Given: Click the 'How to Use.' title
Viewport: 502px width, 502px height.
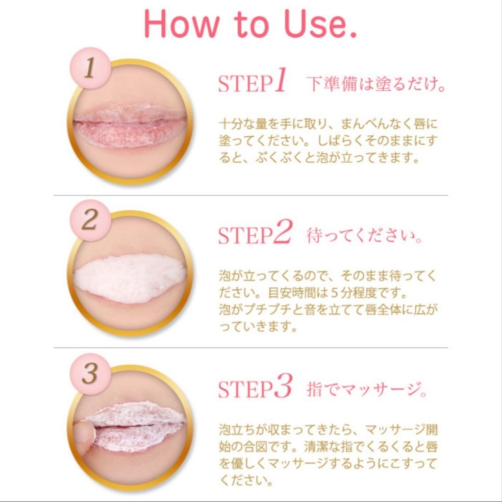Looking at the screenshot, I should click(251, 25).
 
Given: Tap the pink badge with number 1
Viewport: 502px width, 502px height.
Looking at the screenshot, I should click(89, 69).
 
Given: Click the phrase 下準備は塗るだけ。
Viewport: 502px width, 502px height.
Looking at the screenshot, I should click(376, 85).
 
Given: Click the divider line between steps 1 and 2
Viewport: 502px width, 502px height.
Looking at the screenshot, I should click(251, 195).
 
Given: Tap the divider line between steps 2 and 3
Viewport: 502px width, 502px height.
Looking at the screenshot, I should click(251, 348).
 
